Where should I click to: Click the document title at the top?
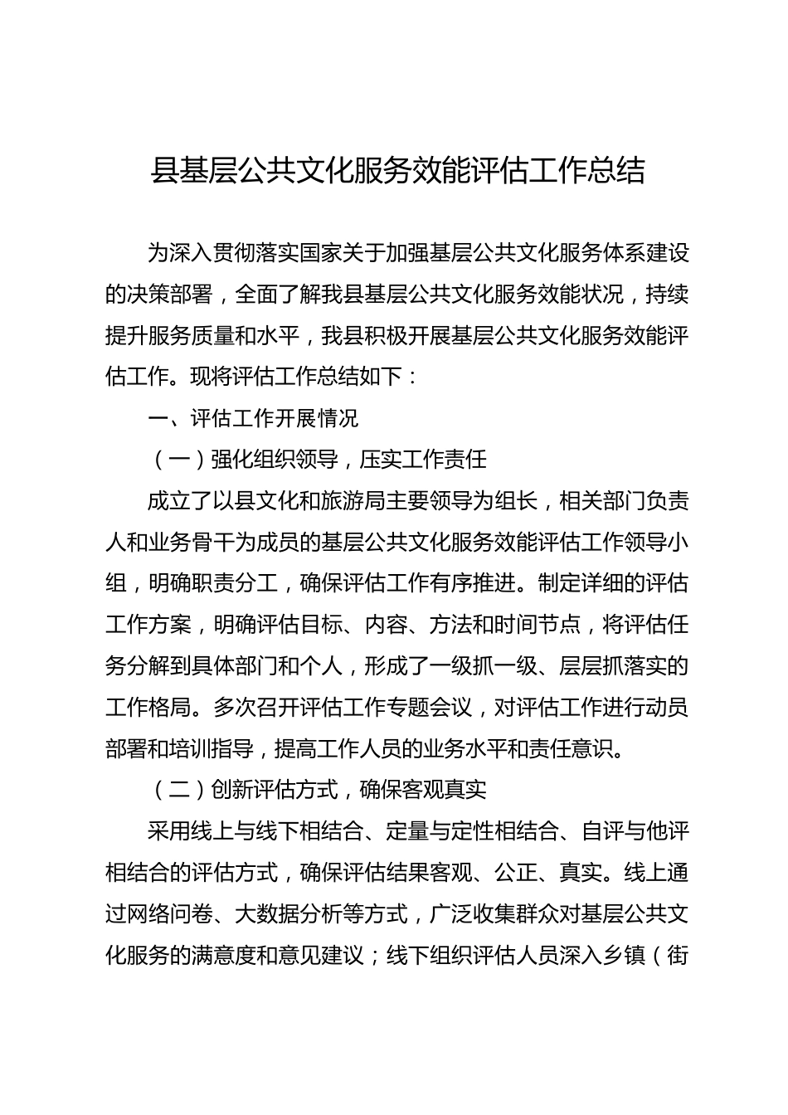[x=396, y=171]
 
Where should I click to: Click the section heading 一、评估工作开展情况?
[x=253, y=417]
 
